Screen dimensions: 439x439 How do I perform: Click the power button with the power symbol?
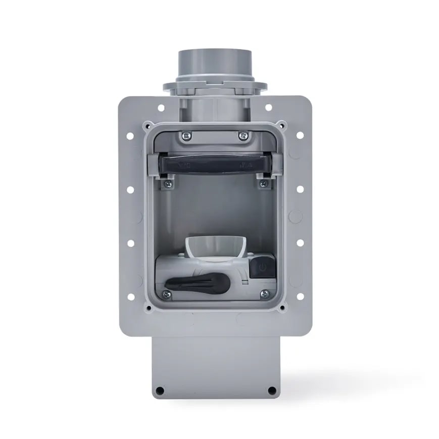pos(262,267)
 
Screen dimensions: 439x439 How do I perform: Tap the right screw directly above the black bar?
pos(243,135)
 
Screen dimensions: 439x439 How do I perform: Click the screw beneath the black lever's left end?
pos(166,293)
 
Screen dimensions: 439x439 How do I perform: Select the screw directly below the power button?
pos(263,293)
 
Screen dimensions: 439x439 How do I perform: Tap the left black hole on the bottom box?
pos(160,390)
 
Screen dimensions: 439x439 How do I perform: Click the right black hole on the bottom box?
pos(271,390)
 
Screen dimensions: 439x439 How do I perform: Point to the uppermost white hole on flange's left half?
pos(161,108)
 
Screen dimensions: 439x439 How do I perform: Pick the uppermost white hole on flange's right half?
pos(268,107)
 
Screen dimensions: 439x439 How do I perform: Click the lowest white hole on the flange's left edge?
pos(130,297)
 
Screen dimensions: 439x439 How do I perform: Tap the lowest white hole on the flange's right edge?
pos(300,297)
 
